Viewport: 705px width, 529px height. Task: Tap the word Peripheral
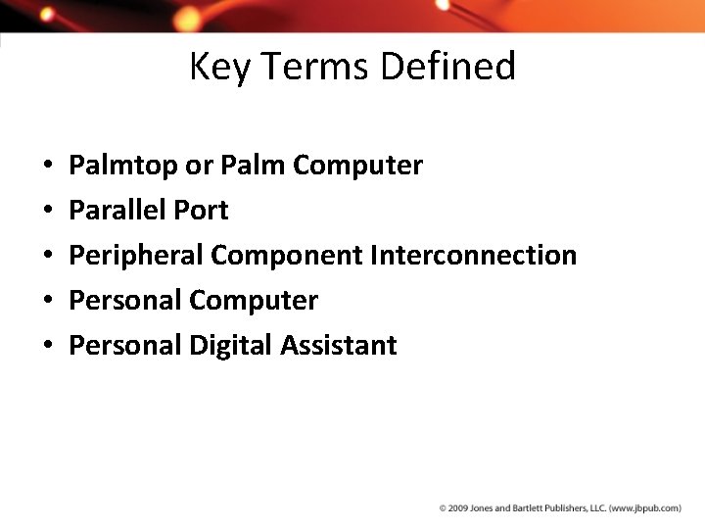click(136, 256)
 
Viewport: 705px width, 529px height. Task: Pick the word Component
click(287, 256)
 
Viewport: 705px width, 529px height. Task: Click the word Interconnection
click(474, 256)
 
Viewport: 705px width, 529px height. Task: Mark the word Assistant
click(339, 345)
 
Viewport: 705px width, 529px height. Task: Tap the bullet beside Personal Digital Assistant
click(47, 346)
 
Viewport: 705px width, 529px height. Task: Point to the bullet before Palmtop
click(47, 167)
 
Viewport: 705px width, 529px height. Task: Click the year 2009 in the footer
click(455, 508)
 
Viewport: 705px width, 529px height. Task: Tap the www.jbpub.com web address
click(645, 508)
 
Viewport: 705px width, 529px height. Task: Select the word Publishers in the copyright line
click(562, 508)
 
